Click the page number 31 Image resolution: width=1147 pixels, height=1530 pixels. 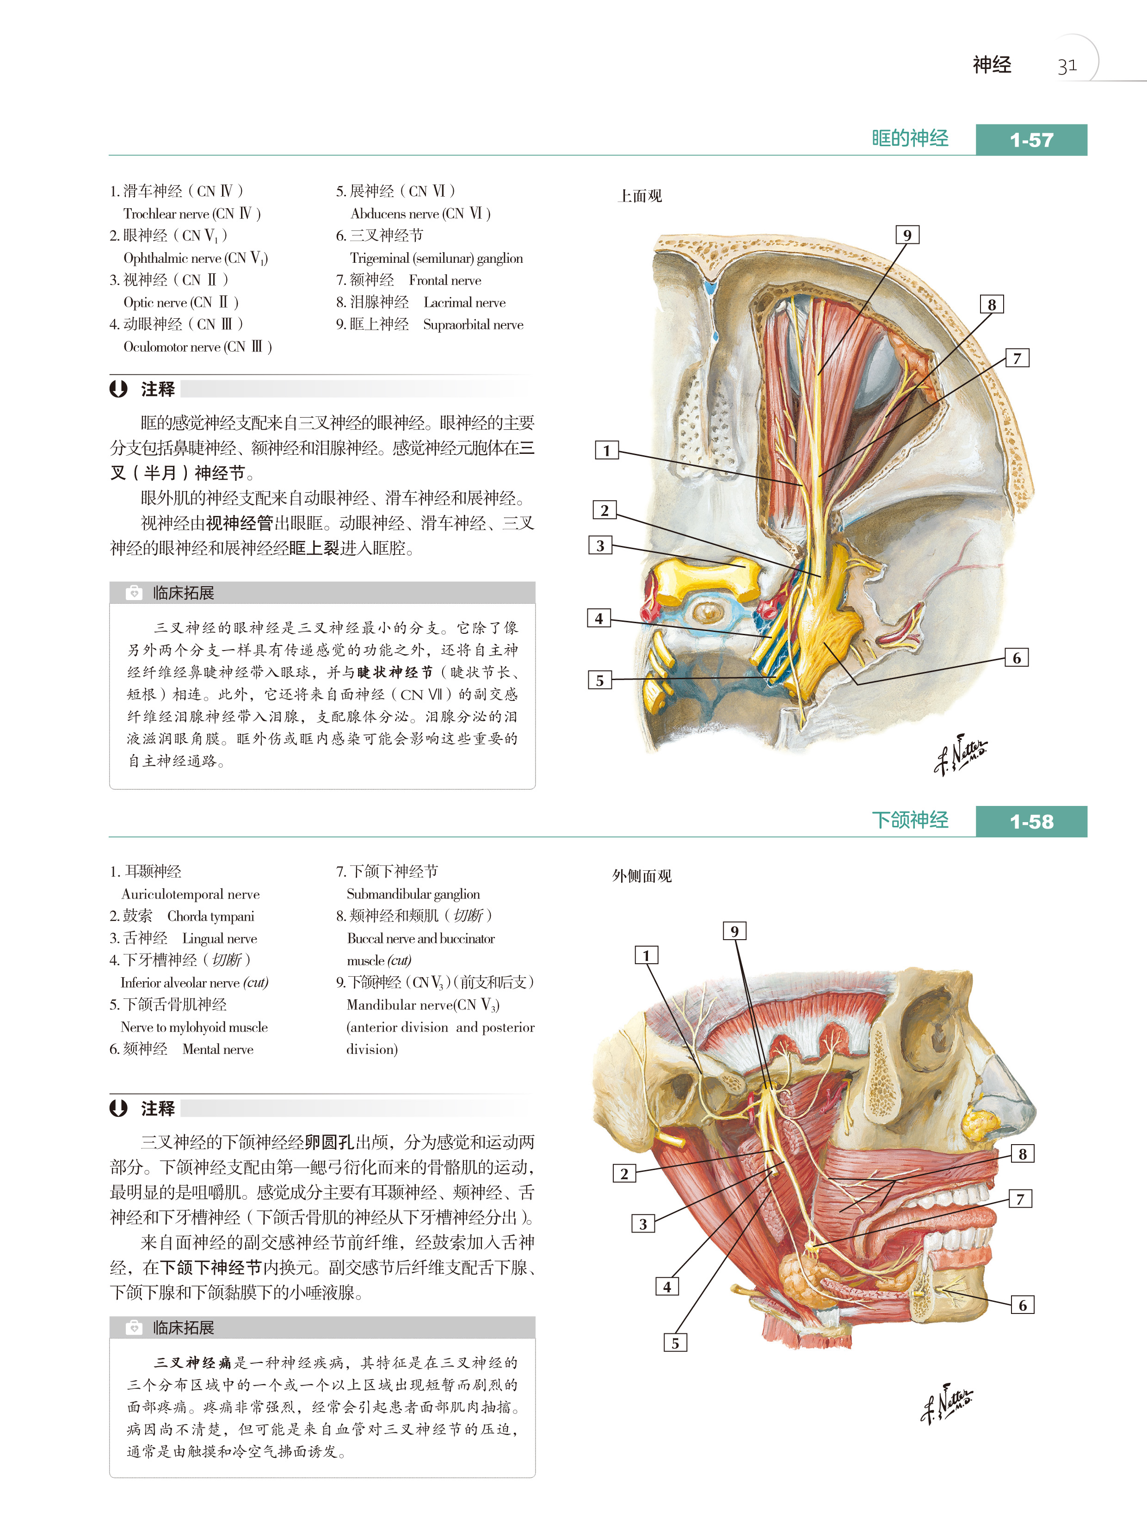pos(1067,66)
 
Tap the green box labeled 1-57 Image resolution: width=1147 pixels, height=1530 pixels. pos(1031,140)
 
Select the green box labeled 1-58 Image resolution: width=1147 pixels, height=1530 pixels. pos(1031,821)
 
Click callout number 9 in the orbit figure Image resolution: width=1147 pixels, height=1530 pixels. pos(907,235)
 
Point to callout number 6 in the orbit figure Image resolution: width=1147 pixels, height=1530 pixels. pos(1016,658)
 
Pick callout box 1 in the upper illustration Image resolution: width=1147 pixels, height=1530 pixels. pos(606,450)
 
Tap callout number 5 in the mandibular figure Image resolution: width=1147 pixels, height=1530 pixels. pos(675,1343)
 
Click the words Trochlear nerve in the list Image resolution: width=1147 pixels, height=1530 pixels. pos(166,214)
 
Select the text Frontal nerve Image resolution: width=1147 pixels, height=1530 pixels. pos(444,280)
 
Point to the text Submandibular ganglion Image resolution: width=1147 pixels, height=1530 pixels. pos(413,894)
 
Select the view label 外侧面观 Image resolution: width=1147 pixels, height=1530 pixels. pos(641,876)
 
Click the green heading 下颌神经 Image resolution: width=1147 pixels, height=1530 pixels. pos(909,820)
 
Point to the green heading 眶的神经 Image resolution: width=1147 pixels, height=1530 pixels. pos(909,138)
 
